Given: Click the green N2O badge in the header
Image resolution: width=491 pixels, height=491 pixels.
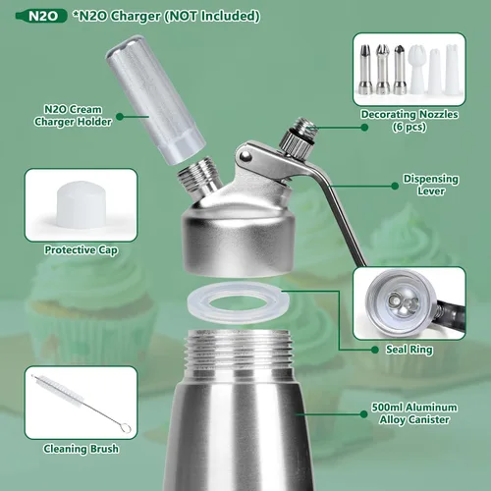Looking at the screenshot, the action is point(41,16).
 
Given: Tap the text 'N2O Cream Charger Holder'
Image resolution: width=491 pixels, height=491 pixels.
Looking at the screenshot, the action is point(73,116).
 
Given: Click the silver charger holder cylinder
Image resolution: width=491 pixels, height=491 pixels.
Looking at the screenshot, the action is point(155,99).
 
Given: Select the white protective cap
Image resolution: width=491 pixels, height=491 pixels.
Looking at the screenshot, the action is point(82,204).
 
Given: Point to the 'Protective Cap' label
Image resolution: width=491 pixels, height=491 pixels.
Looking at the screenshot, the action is point(81,250).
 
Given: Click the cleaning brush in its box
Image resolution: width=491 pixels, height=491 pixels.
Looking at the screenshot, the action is point(81,404).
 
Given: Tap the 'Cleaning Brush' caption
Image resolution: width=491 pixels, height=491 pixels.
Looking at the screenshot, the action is point(81,449).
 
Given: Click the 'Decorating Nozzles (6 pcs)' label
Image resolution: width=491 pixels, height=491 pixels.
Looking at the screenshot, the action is point(409,120).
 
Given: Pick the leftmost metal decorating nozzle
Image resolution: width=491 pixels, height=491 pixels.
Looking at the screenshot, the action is point(364,70).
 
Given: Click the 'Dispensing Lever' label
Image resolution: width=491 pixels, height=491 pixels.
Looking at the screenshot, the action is point(431,185).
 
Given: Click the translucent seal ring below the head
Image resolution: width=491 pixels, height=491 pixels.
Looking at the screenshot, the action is point(238,302).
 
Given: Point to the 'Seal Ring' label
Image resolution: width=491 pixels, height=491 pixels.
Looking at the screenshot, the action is point(409,350).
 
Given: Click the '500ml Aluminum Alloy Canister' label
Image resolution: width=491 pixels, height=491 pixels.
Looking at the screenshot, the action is point(414,413).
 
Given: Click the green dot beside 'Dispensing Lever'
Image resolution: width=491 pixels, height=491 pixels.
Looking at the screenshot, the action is point(395,186).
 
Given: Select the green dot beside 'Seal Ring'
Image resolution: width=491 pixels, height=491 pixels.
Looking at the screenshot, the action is point(375,350).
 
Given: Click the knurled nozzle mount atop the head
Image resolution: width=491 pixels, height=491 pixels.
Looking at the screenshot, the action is point(296,140).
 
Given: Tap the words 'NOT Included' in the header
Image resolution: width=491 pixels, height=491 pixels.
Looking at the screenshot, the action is point(229,16).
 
